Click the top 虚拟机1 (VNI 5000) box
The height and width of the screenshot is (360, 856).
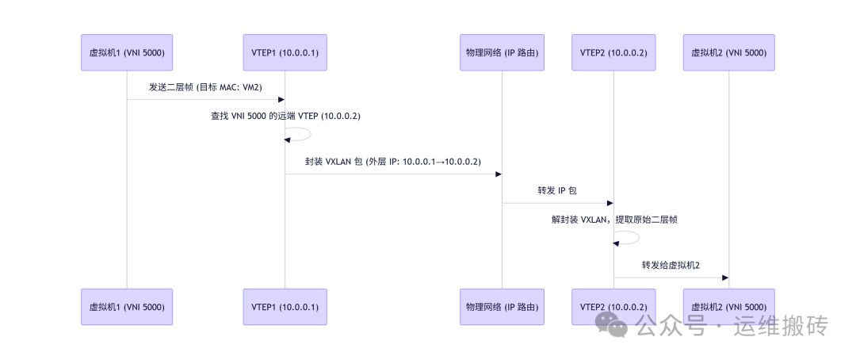pos(127,53)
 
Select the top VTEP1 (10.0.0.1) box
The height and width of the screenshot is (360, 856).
pos(285,53)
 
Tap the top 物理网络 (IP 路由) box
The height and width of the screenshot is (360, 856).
pos(502,53)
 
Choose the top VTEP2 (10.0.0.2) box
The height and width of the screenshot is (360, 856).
pos(613,53)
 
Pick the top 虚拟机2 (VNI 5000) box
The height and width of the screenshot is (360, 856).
pos(728,53)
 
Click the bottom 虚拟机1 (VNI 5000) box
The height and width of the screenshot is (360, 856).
pos(127,307)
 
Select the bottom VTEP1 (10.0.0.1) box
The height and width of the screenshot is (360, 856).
pos(285,307)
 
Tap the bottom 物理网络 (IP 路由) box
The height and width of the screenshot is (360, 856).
pos(502,307)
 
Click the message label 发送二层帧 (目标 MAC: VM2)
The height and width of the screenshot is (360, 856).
pos(205,86)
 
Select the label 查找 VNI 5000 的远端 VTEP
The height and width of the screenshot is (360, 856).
pos(285,116)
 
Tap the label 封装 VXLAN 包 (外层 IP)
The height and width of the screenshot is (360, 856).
pos(393,161)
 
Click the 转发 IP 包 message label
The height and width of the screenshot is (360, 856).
pos(557,190)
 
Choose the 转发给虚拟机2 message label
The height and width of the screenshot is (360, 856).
pos(671,265)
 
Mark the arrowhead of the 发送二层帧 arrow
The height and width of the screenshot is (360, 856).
pos(281,100)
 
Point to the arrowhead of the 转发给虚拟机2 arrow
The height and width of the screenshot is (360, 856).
pos(724,278)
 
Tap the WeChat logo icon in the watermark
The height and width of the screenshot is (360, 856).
pos(613,324)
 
